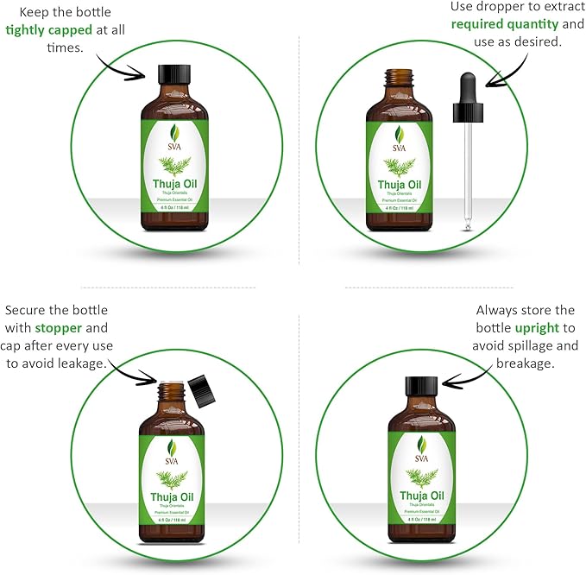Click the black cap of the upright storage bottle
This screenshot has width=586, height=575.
(420, 386)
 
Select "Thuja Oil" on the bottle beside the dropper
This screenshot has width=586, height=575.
(399, 184)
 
